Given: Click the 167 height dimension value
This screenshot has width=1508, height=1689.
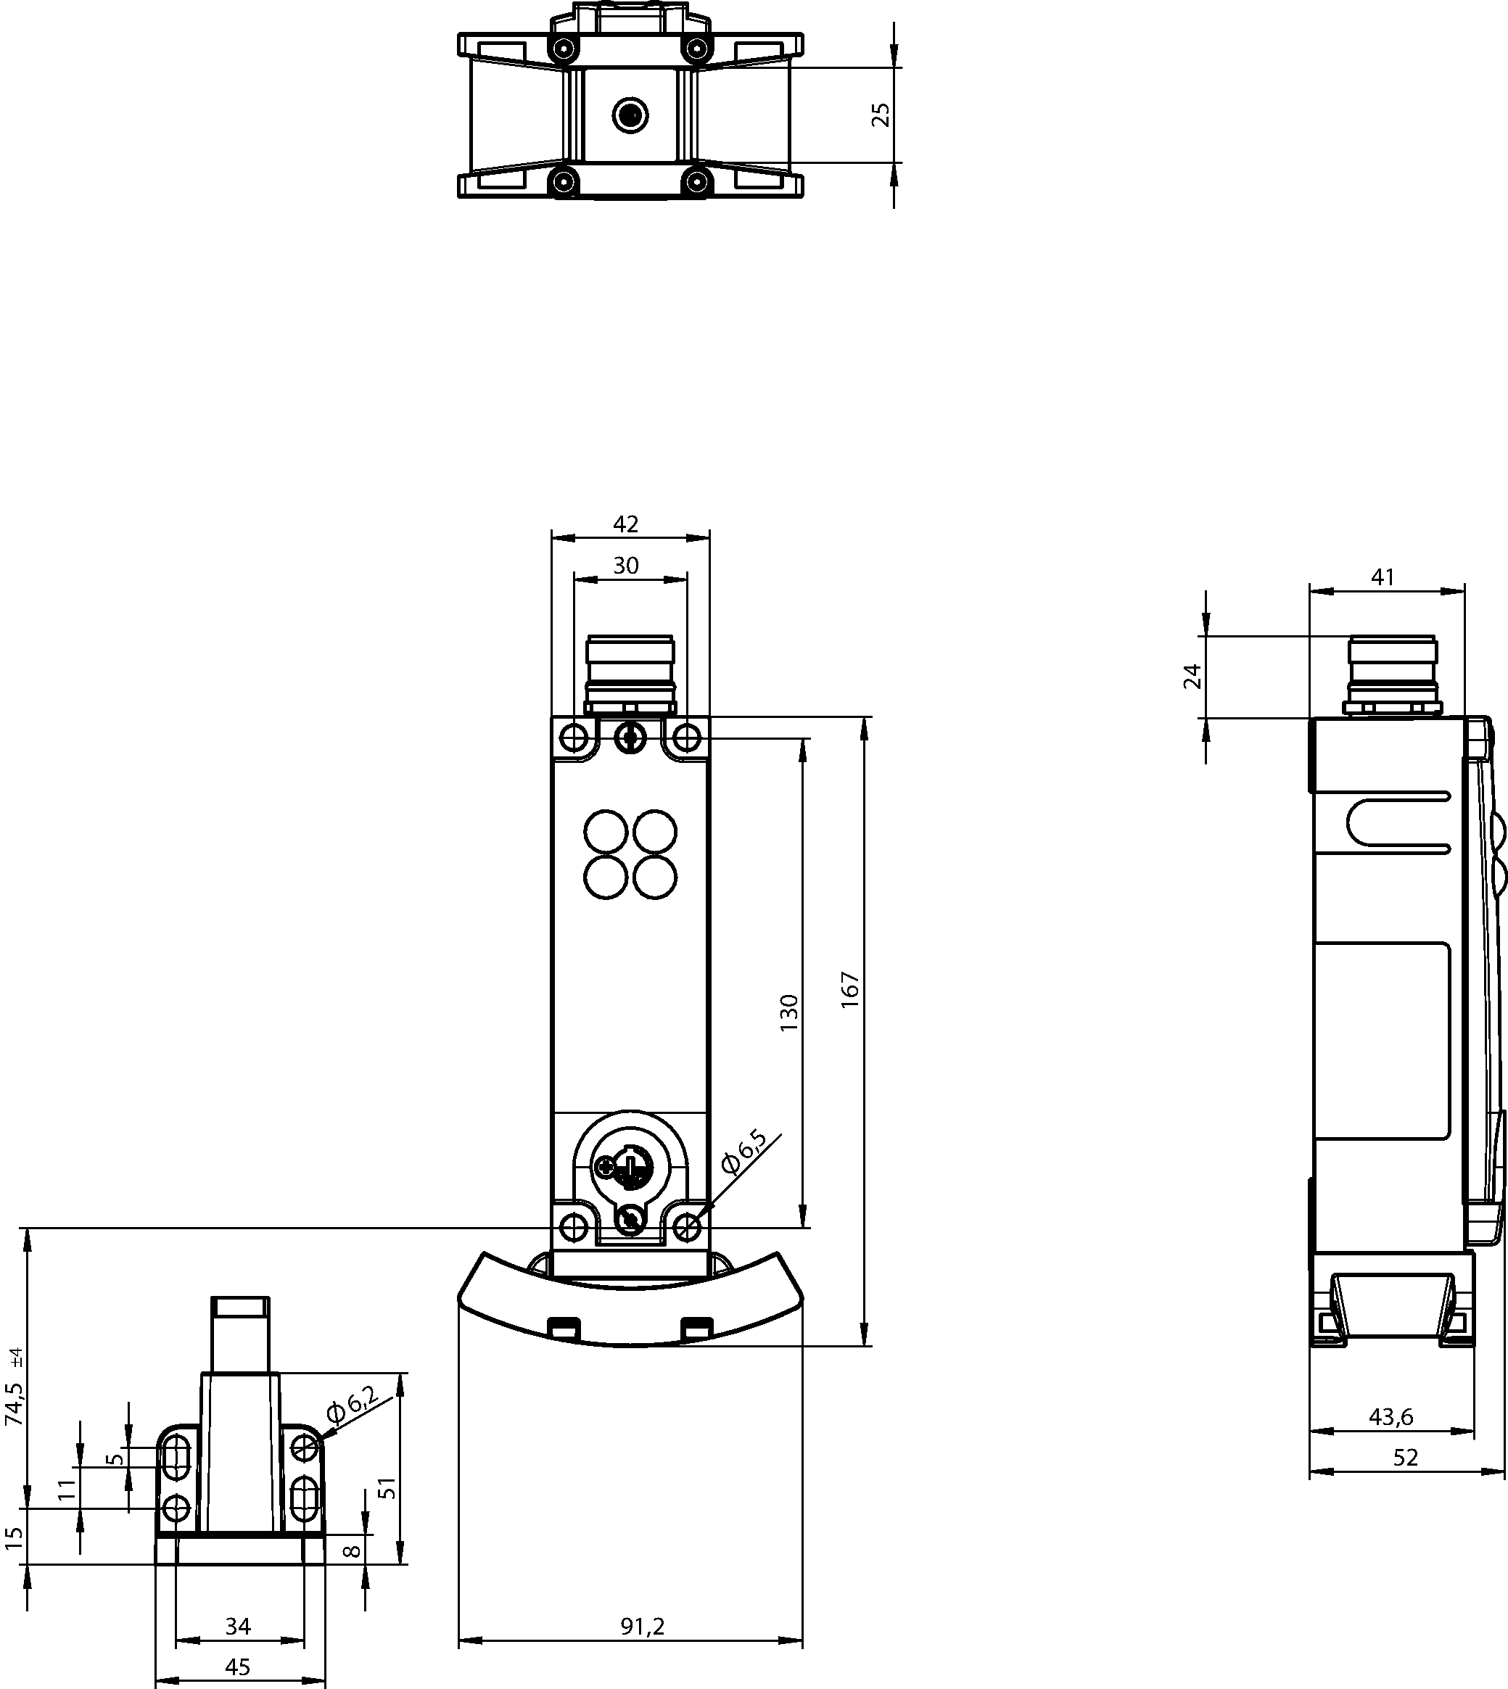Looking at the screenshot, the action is (851, 990).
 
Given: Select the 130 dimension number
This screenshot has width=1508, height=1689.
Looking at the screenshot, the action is (788, 1012).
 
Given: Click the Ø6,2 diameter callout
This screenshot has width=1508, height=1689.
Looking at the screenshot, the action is (352, 1405).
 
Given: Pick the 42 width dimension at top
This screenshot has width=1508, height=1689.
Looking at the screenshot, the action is (625, 524).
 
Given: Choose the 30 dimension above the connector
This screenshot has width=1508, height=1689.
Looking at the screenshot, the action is (625, 565).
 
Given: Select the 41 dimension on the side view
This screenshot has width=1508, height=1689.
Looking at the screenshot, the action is (1383, 577).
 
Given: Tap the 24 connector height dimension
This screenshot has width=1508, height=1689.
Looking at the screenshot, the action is (1192, 677).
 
